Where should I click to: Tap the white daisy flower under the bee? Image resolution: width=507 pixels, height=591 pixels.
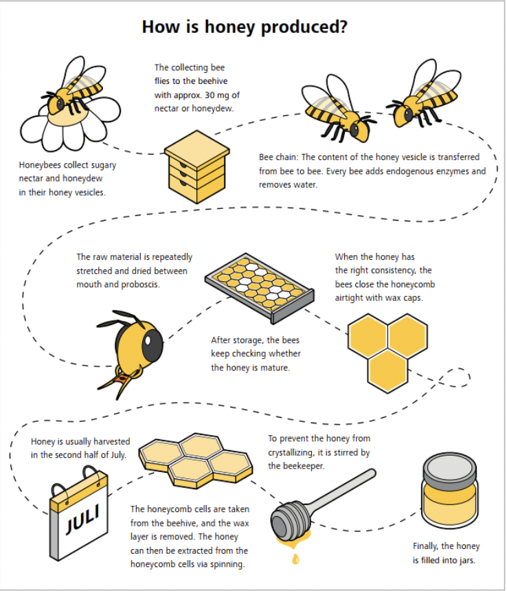(69, 124)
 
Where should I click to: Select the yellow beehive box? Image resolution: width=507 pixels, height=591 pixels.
(196, 166)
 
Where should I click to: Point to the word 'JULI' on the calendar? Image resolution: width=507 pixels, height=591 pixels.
(83, 519)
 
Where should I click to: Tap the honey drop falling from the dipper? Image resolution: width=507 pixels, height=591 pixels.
(295, 559)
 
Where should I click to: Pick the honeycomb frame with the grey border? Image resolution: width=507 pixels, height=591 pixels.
(260, 287)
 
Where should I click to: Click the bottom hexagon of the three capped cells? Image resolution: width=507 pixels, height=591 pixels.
(387, 371)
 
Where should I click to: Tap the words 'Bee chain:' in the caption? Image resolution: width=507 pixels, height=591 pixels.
(278, 157)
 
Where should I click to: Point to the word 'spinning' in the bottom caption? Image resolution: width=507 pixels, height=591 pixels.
(227, 564)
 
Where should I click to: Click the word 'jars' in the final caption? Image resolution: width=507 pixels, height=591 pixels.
(466, 560)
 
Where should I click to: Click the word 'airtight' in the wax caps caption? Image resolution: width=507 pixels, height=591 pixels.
(348, 298)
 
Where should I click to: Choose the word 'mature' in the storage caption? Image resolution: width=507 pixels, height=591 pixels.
(276, 368)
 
